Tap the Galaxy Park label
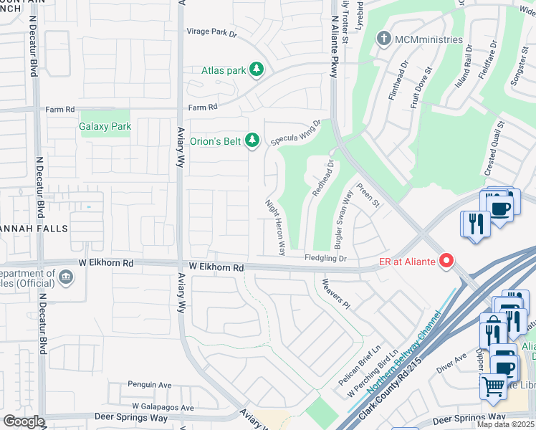click(105, 126)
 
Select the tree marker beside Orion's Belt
click(252, 141)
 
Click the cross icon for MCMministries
click(384, 39)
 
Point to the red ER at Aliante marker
click(447, 262)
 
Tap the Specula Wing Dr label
click(296, 133)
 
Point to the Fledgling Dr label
click(325, 258)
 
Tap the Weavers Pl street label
click(335, 295)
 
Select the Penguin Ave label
click(150, 385)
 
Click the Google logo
click(24, 421)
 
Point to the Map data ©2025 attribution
click(504, 424)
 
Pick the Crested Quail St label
click(494, 148)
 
